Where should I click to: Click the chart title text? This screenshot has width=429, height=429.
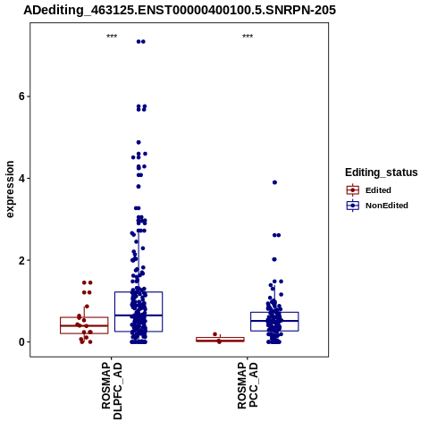180,11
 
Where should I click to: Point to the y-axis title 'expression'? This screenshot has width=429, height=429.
10,189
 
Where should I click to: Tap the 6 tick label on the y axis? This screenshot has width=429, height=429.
21,97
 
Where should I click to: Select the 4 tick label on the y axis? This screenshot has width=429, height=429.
21,179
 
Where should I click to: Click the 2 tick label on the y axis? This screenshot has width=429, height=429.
21,260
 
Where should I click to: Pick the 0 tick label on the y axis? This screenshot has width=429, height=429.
21,342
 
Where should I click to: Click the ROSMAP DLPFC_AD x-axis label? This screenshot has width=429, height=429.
112,391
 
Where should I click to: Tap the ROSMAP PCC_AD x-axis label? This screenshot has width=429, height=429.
248,385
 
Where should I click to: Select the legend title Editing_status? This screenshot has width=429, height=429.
382,172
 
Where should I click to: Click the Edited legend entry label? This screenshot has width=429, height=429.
378,190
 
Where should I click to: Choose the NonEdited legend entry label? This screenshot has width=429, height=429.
387,206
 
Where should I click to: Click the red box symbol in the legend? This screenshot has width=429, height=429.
353,190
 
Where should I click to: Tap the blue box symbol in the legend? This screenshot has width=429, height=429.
353,206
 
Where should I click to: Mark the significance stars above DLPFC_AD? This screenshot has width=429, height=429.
112,37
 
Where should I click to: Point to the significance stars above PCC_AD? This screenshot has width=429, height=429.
248,37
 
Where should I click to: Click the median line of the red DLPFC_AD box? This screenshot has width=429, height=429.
84,325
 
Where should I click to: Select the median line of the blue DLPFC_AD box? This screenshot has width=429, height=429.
139,315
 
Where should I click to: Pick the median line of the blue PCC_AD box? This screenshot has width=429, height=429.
274,321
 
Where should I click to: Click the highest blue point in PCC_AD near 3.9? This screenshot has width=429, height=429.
274,182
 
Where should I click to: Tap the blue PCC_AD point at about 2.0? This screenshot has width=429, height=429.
274,259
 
